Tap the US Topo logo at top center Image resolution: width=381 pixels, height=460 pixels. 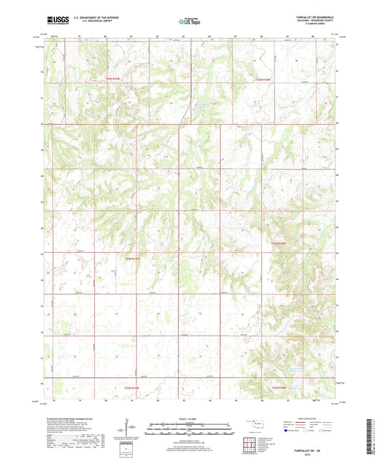pyautogui.click(x=187, y=22)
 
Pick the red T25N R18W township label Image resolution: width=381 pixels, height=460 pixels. pyautogui.click(x=264, y=79)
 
